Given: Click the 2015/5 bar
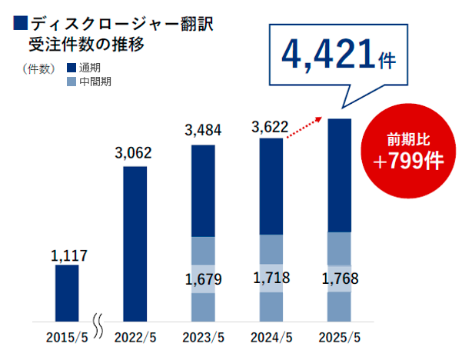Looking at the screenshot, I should (67, 292).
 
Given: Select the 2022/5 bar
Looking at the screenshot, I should (135, 242).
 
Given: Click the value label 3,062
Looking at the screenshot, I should (135, 153).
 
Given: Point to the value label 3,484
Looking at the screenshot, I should (203, 131).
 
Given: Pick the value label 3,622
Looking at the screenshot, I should (271, 126).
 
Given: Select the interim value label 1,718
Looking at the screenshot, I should (271, 277).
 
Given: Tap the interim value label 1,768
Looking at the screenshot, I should (339, 277).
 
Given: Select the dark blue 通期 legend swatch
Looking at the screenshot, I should (72, 68).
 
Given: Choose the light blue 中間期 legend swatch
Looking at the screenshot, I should (72, 82).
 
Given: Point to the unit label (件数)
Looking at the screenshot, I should (39, 68).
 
